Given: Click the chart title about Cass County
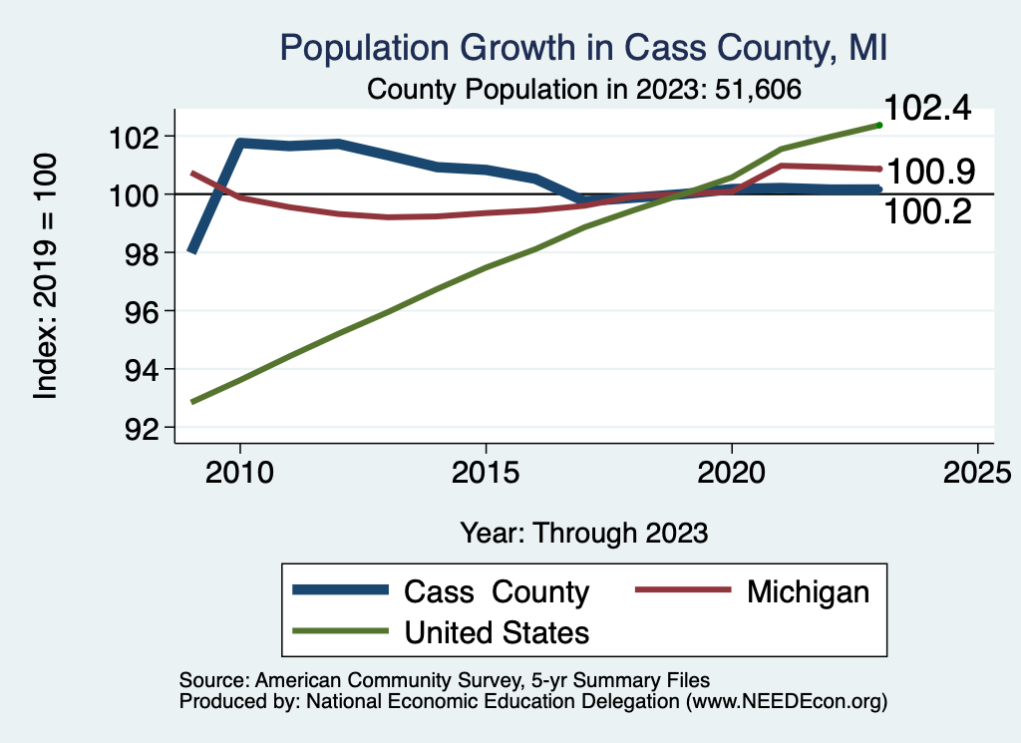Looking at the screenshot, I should pos(583,47).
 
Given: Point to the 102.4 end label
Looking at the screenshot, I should pos(927,109).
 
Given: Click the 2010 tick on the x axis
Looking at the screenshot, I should pos(239,471).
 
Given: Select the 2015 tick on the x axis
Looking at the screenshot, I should pos(486,471).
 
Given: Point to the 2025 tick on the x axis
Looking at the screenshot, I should pos(977,471).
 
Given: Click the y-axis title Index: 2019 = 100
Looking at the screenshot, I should pos(47,276).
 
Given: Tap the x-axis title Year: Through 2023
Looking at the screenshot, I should pos(583,533).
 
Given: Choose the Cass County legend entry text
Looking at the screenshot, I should pos(497,591).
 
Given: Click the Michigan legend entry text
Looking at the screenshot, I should pos(808,591).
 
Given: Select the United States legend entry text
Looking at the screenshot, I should pos(497,631).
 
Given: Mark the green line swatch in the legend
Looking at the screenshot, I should pos(339,631).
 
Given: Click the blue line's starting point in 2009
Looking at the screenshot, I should pos(191,250).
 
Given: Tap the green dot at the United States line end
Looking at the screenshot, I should pos(879,125).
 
